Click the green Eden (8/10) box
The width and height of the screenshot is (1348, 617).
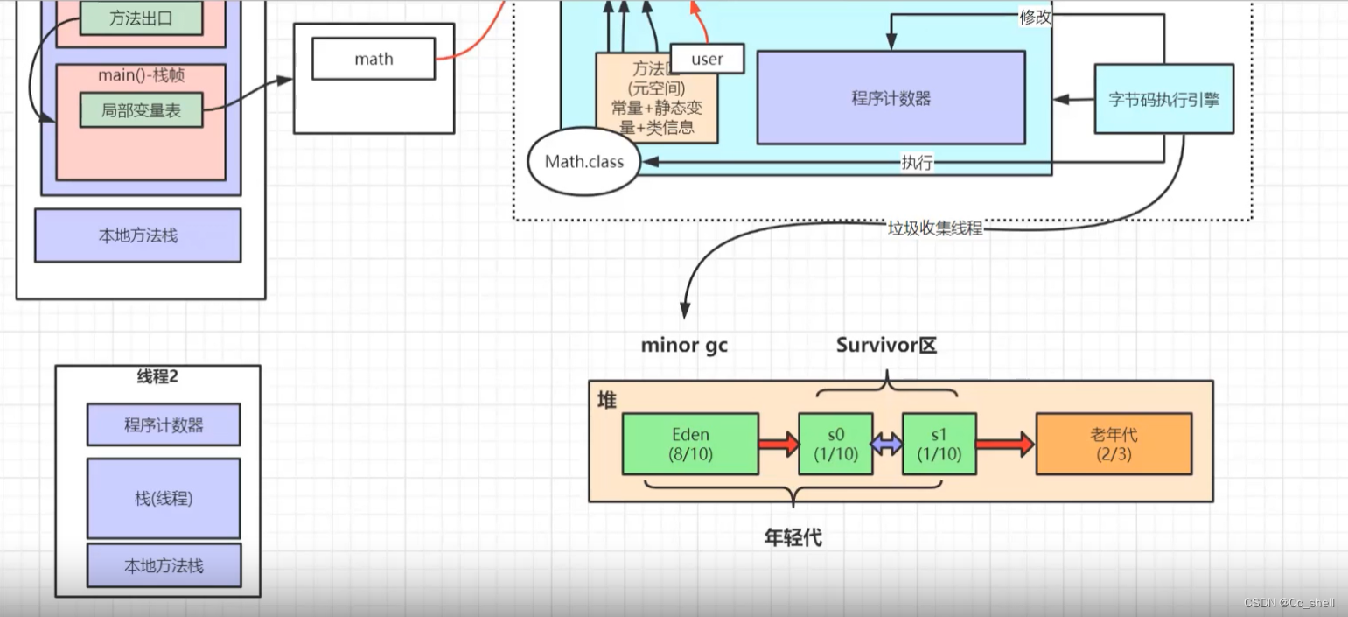pos(690,444)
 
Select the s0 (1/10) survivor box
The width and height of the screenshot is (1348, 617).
pos(835,444)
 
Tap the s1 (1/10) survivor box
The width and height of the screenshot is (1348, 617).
pos(939,444)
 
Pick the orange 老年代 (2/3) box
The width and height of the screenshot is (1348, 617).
pos(1114,444)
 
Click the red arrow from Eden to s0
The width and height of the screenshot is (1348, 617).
pos(779,444)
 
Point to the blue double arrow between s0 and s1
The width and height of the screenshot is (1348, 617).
pos(887,445)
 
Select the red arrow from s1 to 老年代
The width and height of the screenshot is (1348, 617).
pos(1004,445)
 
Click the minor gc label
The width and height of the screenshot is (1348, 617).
pos(684,345)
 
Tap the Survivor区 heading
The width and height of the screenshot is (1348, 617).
pos(886,345)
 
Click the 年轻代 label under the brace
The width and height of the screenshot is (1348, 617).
pos(793,537)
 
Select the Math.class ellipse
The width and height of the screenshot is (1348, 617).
pos(584,162)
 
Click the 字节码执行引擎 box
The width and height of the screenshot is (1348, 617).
pos(1163,99)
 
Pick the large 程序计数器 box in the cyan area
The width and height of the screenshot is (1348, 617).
pos(891,97)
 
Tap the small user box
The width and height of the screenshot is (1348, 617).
pos(707,59)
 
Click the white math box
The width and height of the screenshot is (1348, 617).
pos(374,60)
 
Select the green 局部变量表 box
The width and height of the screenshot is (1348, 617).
pos(141,110)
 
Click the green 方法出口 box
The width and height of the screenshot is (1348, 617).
pos(141,18)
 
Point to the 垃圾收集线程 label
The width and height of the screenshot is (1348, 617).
pos(935,228)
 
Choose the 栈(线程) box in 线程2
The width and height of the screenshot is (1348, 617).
pos(164,498)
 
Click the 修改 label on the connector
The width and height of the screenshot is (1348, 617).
pos(1035,17)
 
